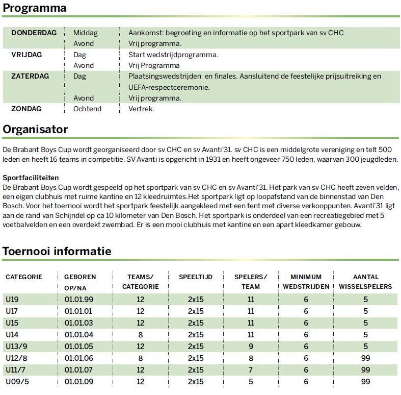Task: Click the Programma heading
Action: [x=35, y=9]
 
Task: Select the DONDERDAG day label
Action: [x=34, y=33]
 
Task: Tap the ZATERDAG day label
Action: [x=30, y=76]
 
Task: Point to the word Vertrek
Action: [x=141, y=109]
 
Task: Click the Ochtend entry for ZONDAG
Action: [x=87, y=109]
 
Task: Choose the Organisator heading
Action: [x=35, y=130]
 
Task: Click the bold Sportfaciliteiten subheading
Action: [x=30, y=178]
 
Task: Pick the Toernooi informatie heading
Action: [x=57, y=251]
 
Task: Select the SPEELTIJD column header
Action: [x=195, y=277]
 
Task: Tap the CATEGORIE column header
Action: [x=23, y=277]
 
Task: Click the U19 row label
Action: [x=12, y=300]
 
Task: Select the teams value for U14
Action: [x=140, y=335]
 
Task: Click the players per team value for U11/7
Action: [x=250, y=370]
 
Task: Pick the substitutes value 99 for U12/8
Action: [x=365, y=358]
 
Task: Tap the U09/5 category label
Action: [x=16, y=382]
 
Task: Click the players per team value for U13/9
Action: [x=250, y=347]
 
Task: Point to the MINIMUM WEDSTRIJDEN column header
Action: [x=306, y=281]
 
